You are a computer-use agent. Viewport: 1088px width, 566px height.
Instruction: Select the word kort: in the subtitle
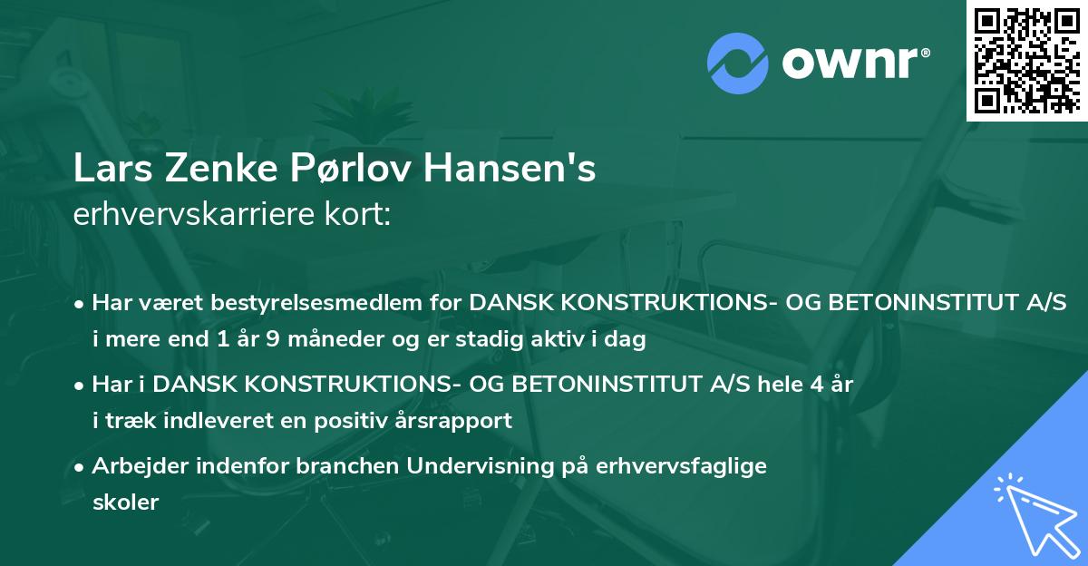360,215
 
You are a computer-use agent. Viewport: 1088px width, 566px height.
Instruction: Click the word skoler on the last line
125,503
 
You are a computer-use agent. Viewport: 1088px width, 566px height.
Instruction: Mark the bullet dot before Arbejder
81,466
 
